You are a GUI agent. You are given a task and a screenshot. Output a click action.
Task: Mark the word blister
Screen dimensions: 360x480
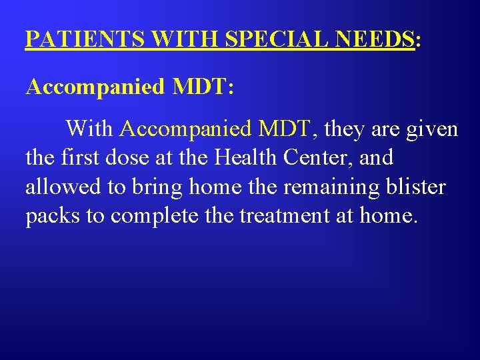415,187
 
